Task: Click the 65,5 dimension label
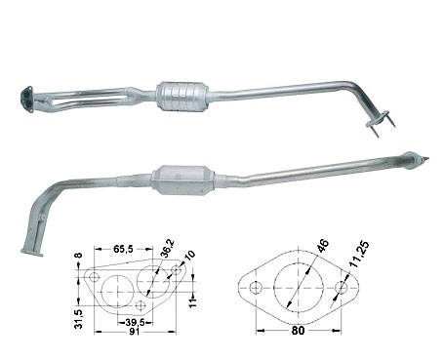click(x=123, y=249)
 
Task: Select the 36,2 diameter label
click(x=169, y=248)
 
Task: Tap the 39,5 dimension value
click(x=135, y=322)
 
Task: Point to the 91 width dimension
click(x=135, y=332)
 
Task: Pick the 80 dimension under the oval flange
click(x=298, y=331)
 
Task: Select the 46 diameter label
click(x=323, y=246)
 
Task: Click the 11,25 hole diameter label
click(x=360, y=254)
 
